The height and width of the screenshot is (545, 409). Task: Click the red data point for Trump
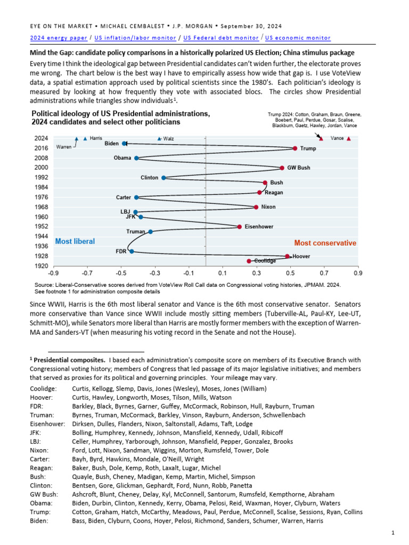coord(295,148)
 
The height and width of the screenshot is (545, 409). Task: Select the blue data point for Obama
coord(136,158)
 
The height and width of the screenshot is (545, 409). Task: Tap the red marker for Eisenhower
coord(239,227)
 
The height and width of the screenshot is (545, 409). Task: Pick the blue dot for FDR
coord(132,251)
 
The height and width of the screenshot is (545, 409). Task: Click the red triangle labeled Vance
coord(348,138)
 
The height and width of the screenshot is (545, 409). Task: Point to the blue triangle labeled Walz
coord(159,138)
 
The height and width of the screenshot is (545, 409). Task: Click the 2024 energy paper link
coord(56,38)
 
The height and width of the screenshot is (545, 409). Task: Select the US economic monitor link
coord(298,38)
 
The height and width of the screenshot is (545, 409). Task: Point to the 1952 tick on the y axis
coord(41,227)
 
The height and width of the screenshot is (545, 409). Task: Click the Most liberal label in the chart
coord(75,242)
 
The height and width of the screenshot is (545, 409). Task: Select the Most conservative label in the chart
coord(325,243)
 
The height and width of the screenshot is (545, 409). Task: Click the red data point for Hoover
coord(287,257)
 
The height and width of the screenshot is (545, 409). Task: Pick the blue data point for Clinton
coord(163,178)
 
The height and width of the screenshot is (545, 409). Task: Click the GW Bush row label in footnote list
coord(43,494)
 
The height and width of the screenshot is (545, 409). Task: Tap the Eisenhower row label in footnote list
coord(47,424)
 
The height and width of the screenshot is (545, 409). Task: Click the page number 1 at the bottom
coord(392,533)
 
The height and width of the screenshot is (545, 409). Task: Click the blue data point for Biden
coord(125,143)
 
